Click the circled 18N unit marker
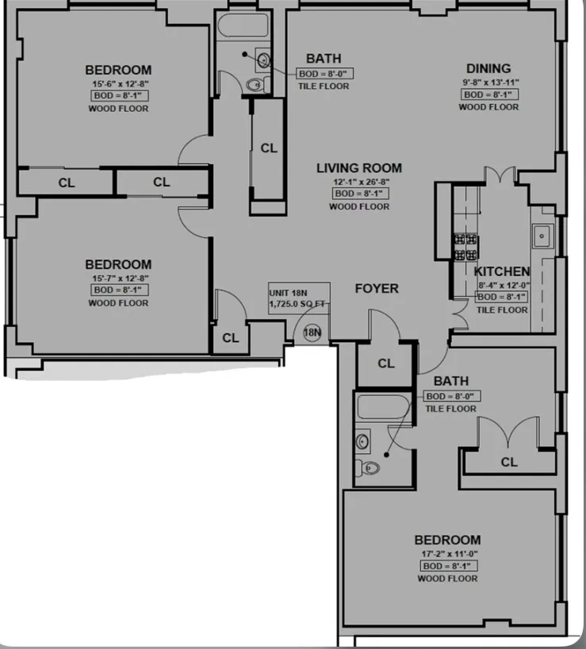point(312,333)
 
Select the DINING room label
point(488,69)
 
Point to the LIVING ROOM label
point(359,168)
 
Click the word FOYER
point(376,289)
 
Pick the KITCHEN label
point(501,271)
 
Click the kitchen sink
point(543,236)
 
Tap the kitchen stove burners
point(465,247)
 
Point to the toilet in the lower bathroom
point(367,467)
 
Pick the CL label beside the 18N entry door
point(230,338)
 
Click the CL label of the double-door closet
point(508,462)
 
